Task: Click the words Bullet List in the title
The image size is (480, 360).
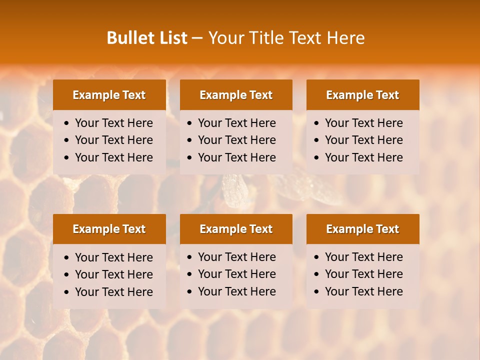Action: tap(147, 38)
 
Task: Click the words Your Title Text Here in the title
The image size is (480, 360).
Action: tap(286, 38)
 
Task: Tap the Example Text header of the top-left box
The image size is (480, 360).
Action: tap(109, 95)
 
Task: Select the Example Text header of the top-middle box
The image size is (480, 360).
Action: tap(236, 95)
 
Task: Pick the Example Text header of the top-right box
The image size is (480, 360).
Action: tap(362, 95)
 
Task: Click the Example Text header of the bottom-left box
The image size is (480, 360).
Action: tap(109, 229)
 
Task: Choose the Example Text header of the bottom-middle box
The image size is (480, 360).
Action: tap(236, 229)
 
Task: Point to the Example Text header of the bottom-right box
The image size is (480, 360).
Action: tap(362, 229)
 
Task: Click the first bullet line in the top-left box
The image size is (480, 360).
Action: tap(113, 123)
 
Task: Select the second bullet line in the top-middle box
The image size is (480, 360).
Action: tap(236, 140)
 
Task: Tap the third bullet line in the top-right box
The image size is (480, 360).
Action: tap(363, 157)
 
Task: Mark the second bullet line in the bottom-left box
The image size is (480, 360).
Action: tap(113, 274)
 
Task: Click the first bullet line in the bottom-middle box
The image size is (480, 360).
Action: tap(236, 257)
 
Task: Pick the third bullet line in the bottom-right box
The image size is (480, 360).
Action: tap(363, 291)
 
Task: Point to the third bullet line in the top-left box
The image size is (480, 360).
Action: tap(113, 157)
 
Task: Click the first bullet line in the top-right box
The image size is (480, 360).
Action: tap(363, 123)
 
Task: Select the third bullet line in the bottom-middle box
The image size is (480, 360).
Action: tap(236, 291)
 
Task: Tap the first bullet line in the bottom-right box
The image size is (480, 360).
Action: tap(363, 257)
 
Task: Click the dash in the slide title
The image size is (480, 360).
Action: tap(197, 38)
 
